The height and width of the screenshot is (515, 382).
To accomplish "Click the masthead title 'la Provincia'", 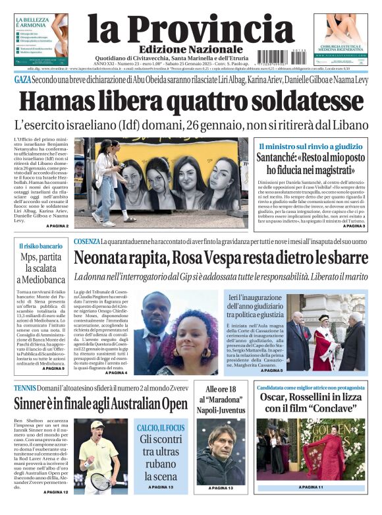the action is (181, 28).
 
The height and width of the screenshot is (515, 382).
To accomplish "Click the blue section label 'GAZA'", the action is (22, 80).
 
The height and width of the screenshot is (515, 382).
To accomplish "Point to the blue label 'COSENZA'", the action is (86, 241).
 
